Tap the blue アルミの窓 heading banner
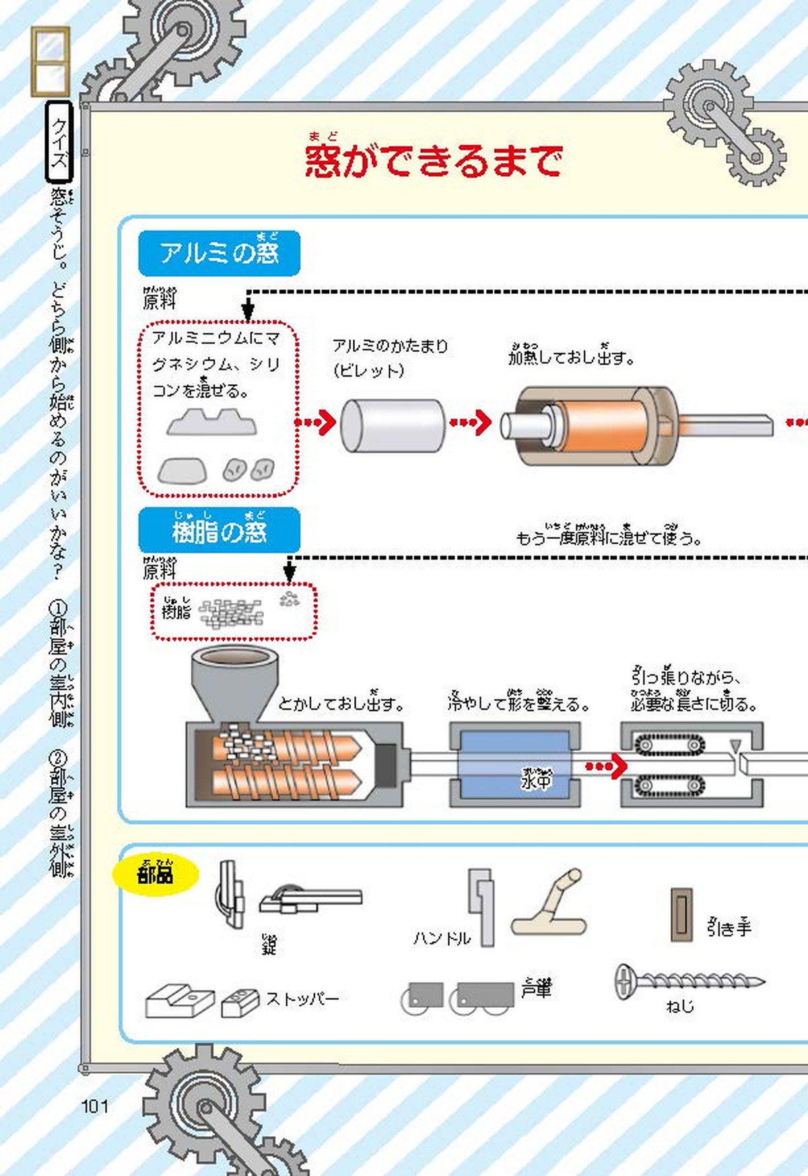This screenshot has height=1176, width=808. coord(219,253)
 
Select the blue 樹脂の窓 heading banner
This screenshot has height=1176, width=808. coord(219,531)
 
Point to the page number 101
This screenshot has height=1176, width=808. coord(94,1106)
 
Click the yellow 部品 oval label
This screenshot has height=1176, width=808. coord(156,874)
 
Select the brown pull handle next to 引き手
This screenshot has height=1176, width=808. coord(681,914)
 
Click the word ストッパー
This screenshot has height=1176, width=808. coord(302,998)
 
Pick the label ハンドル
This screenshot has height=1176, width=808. coord(442,938)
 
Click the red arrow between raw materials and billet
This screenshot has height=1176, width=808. coord(316,422)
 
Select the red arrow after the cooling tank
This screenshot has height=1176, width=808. coord(606,766)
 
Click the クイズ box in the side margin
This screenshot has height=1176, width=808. coord(59,142)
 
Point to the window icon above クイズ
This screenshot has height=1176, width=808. coord(50,62)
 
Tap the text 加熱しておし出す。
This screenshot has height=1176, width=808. coord(571,356)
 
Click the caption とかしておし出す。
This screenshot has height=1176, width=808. coord(341,703)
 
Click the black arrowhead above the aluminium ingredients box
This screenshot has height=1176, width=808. coord(248,311)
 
